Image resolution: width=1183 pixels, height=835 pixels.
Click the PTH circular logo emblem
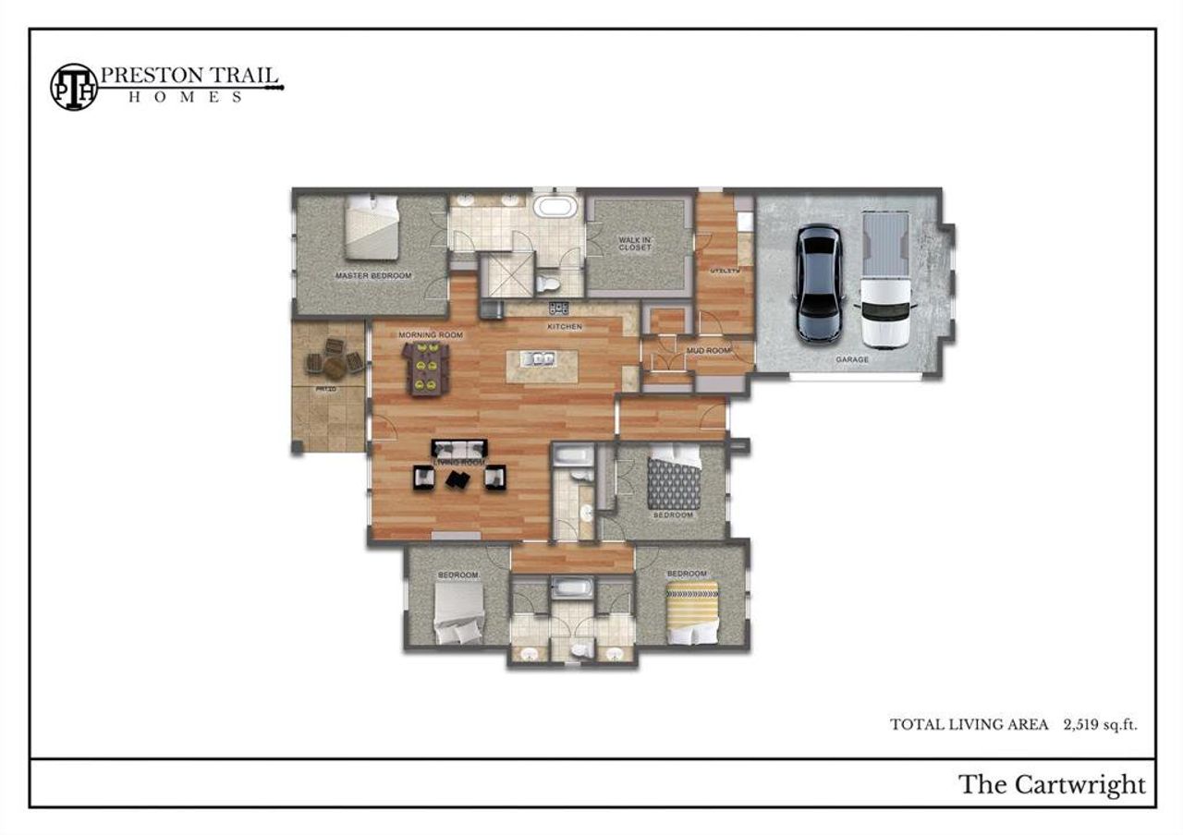pyautogui.click(x=73, y=86)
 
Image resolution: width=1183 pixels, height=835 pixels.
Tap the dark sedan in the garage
pyautogui.click(x=818, y=284)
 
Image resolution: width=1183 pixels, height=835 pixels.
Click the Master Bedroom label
pyautogui.click(x=373, y=276)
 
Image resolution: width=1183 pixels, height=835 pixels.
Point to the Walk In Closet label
pyautogui.click(x=635, y=244)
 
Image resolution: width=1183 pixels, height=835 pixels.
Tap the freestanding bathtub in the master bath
pyautogui.click(x=555, y=205)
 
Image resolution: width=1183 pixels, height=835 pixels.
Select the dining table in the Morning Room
pyautogui.click(x=426, y=368)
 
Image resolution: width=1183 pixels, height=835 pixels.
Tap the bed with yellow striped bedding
pyautogui.click(x=693, y=610)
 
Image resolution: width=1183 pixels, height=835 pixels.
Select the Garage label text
pyautogui.click(x=851, y=359)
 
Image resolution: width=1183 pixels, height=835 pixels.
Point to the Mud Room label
pyautogui.click(x=709, y=351)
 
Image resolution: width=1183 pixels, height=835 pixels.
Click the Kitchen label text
pyautogui.click(x=564, y=327)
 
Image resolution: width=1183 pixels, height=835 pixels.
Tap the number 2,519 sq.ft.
pyautogui.click(x=1100, y=725)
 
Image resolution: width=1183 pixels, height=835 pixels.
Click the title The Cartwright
pyautogui.click(x=1052, y=785)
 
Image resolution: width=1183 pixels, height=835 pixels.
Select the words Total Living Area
pyautogui.click(x=969, y=725)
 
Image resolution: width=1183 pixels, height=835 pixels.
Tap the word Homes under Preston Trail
pyautogui.click(x=185, y=97)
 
